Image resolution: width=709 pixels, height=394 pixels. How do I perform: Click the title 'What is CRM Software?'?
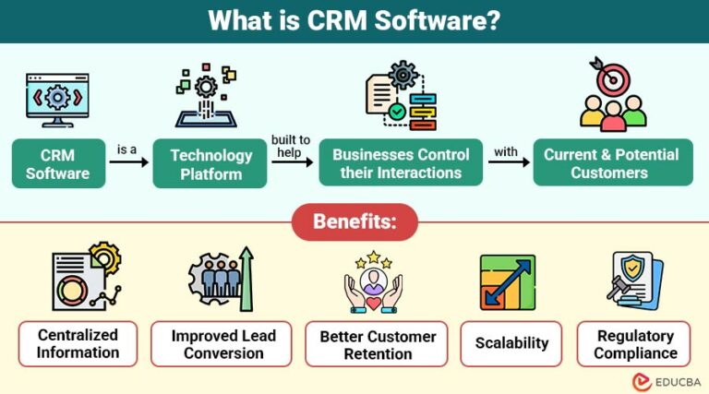(354, 20)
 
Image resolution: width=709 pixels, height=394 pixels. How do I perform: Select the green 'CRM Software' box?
(57, 163)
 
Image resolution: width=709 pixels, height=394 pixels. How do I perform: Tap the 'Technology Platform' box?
(211, 163)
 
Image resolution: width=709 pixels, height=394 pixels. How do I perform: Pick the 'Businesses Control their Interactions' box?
(401, 163)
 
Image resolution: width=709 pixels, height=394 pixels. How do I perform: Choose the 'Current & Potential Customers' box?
(610, 163)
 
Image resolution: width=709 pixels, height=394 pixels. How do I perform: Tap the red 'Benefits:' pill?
(354, 221)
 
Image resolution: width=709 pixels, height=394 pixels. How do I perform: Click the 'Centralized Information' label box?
(78, 343)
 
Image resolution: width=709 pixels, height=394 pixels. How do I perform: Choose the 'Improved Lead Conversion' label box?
(223, 343)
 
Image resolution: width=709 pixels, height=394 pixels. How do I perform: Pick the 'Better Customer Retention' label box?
(376, 343)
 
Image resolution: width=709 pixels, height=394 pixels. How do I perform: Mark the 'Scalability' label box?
(511, 343)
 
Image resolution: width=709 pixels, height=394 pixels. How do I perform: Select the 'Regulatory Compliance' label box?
(635, 343)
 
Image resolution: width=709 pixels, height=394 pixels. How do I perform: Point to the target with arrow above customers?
(611, 78)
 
